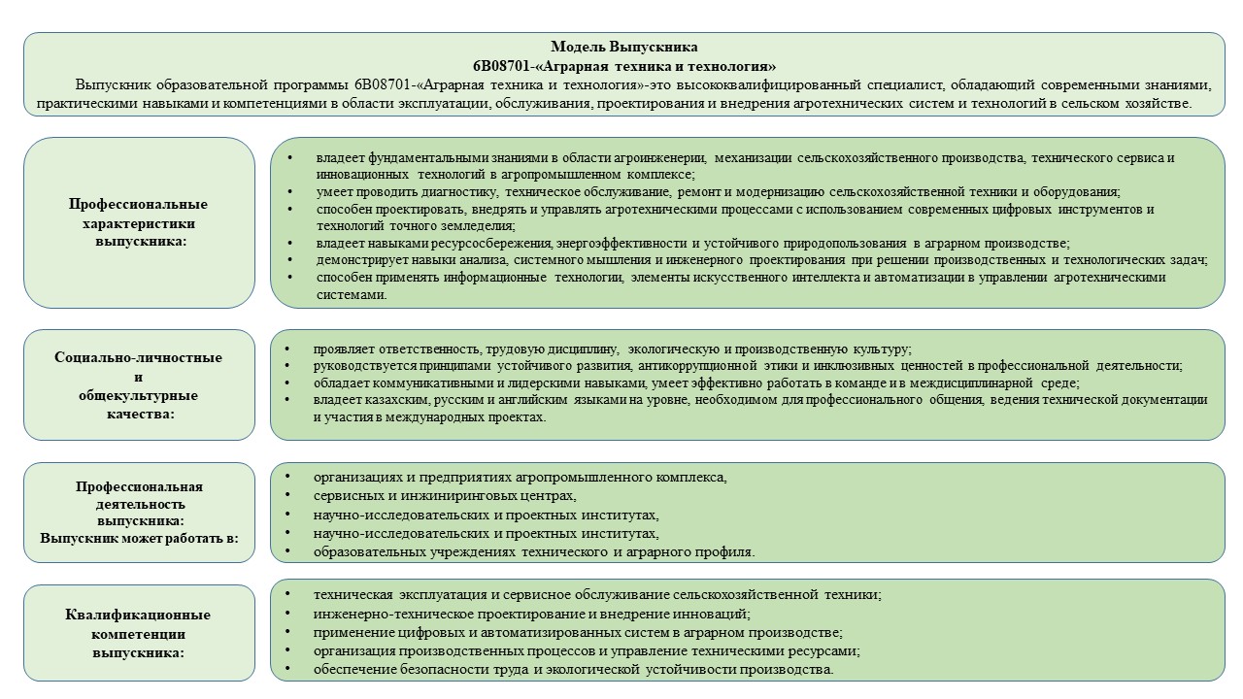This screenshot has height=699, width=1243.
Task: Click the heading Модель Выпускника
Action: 623,47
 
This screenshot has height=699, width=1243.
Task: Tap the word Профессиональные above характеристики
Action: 138,205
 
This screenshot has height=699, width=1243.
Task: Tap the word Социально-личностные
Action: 138,357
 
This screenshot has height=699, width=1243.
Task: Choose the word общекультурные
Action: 138,395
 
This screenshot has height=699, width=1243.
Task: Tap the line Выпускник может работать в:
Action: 138,538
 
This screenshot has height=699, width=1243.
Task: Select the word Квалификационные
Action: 138,615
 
